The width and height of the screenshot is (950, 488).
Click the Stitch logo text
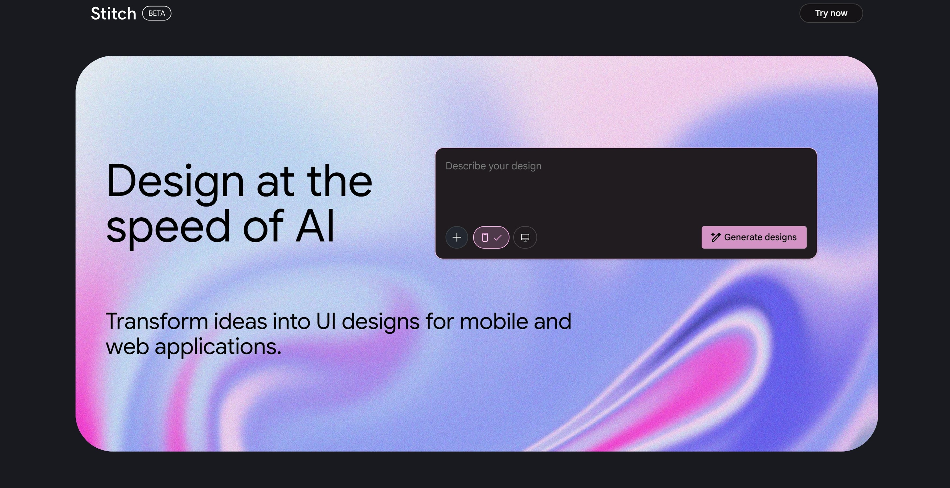[x=114, y=14]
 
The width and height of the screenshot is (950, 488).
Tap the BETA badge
[x=157, y=13]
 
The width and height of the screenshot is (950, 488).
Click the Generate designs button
[x=754, y=237]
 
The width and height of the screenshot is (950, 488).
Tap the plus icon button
[x=456, y=237]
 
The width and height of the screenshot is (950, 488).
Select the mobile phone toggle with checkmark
[x=491, y=237]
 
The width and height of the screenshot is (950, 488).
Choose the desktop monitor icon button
[x=525, y=237]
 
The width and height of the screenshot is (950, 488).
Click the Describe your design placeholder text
[x=494, y=166]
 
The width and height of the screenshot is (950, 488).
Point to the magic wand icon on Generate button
[x=716, y=237]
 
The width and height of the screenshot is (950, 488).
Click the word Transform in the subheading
[x=157, y=321]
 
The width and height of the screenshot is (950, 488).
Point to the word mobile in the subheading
[x=494, y=321]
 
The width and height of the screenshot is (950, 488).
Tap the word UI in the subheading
[x=326, y=321]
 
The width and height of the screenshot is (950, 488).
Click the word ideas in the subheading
[x=240, y=321]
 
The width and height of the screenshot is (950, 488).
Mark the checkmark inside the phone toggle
[x=498, y=237]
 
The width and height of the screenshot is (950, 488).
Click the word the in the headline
[x=339, y=181]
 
